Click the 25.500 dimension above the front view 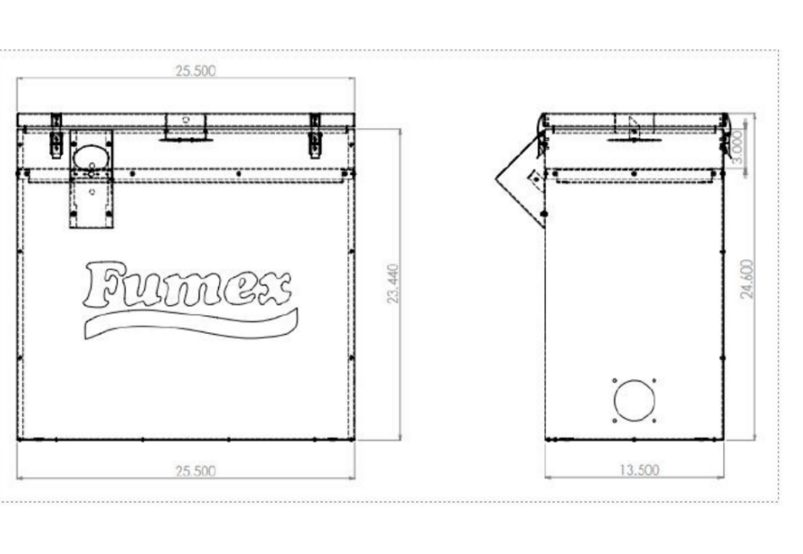pos(195,71)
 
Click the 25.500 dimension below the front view pos(195,471)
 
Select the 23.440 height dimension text pos(393,284)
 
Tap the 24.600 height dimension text pos(747,279)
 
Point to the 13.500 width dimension pos(640,469)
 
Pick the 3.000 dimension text pos(738,146)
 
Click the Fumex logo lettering pos(188,285)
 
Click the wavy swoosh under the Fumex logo pos(190,324)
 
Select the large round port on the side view pos(635,400)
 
